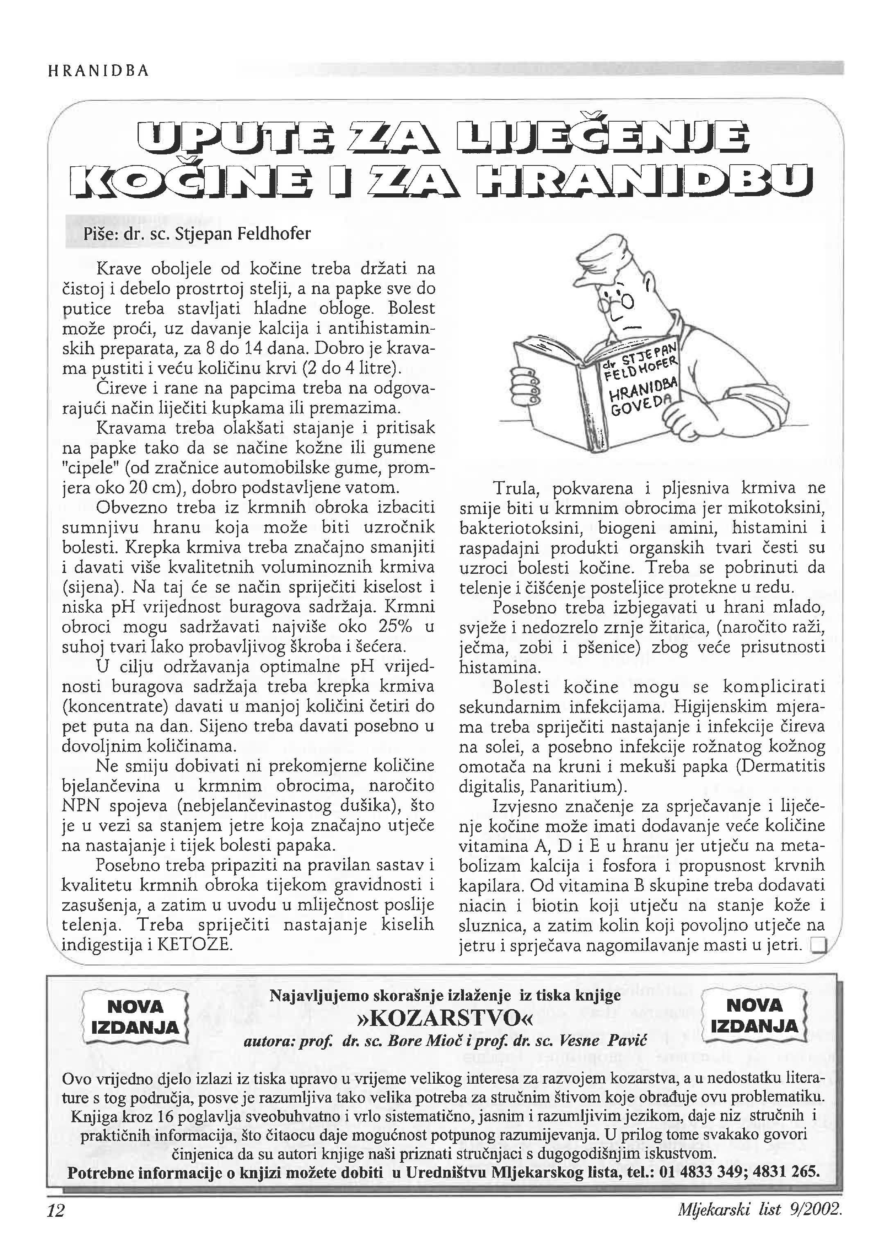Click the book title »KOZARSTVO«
tap(445, 1018)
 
